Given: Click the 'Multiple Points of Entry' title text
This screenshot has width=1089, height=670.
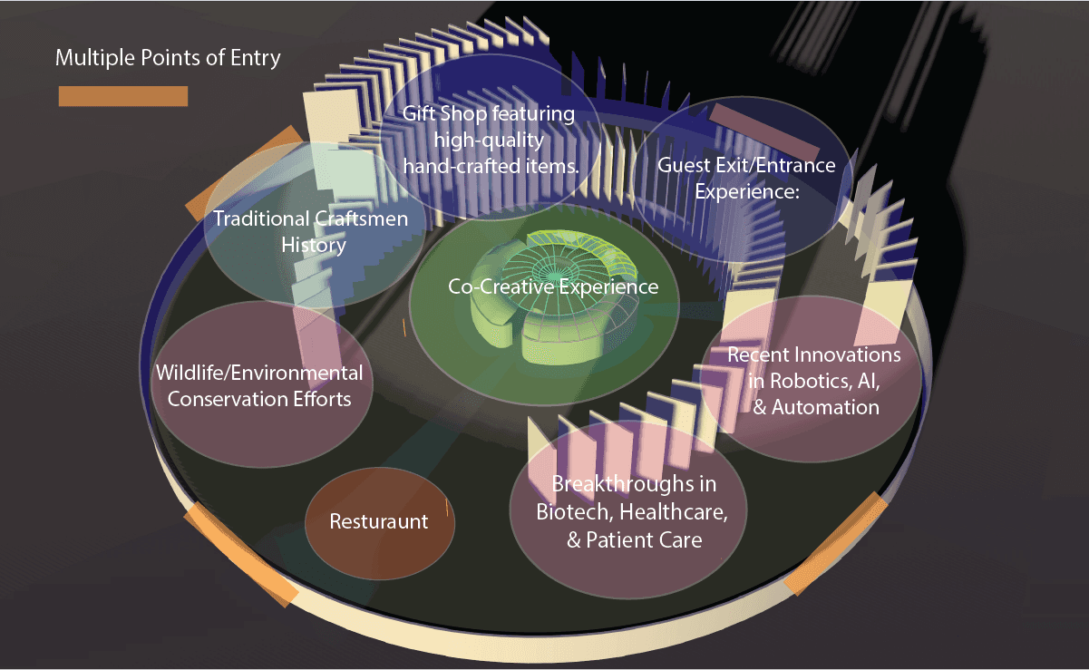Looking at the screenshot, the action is click(x=168, y=58).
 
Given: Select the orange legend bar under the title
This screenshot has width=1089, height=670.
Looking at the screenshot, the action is click(x=123, y=96).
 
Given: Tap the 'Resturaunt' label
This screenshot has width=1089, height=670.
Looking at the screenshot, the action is click(x=379, y=521).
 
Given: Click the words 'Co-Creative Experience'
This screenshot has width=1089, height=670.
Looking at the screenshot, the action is click(x=553, y=286).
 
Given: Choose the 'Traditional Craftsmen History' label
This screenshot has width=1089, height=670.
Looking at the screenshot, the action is click(x=311, y=232).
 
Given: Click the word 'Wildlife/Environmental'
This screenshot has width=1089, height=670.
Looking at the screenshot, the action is click(x=259, y=373).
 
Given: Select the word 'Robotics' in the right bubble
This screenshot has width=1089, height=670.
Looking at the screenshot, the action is click(x=812, y=381).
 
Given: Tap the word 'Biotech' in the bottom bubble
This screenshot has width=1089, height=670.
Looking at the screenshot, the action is click(x=575, y=512).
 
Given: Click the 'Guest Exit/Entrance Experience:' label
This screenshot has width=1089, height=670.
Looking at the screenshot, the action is click(x=747, y=179).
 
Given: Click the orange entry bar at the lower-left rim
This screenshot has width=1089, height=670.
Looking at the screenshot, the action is click(x=240, y=555).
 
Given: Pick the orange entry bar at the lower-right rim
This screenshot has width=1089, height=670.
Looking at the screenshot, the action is click(x=836, y=543).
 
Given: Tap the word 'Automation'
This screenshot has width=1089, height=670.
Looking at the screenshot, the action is click(x=825, y=407).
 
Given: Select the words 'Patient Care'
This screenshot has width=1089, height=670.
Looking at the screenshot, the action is click(x=644, y=540).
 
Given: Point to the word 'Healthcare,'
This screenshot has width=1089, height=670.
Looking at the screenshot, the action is click(x=674, y=512).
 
